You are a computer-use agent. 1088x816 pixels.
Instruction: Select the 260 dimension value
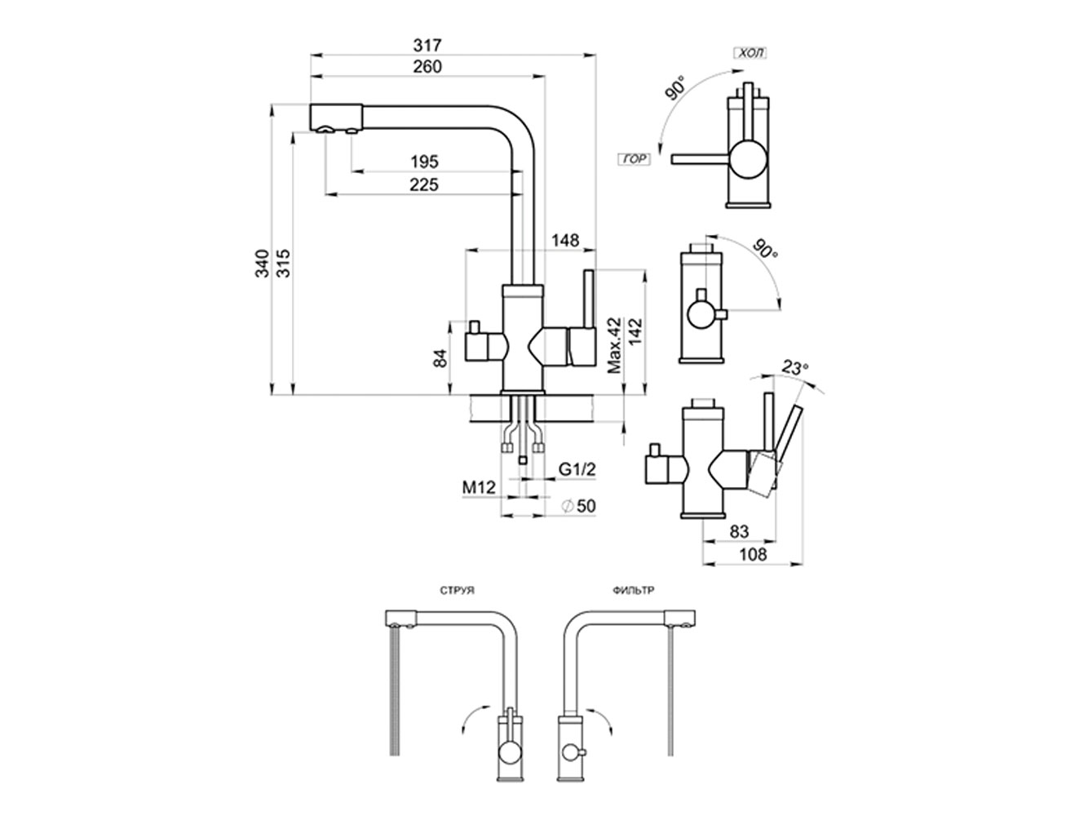point(427,67)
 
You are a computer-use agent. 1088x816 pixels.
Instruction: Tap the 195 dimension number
point(424,161)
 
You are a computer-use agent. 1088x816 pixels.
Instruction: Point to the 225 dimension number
point(424,185)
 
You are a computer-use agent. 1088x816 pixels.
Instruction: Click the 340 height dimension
point(262,264)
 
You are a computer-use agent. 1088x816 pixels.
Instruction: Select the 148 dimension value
point(564,241)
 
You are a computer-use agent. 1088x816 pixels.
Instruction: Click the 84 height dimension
point(441,358)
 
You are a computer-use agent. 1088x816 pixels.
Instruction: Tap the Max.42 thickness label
point(616,345)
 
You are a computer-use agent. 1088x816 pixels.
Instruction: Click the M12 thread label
point(480,488)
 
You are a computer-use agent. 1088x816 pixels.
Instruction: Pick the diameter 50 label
point(579,507)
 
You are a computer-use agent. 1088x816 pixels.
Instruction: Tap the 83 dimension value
point(739,531)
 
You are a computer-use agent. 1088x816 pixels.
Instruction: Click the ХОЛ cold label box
point(750,55)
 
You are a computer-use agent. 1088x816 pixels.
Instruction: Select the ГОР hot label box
point(633,160)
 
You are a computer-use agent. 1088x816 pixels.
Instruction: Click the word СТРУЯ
point(457,589)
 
